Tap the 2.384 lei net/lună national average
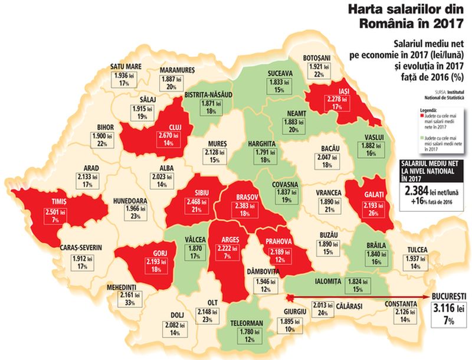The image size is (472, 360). click(430, 191)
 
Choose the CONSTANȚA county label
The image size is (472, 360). click(401, 304)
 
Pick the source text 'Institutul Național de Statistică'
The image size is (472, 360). click(446, 95)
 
